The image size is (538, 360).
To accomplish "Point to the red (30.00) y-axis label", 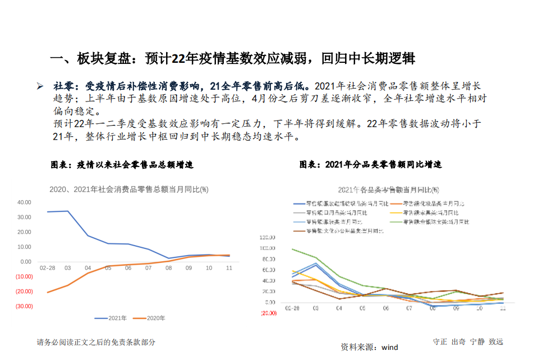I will click(x=24, y=306).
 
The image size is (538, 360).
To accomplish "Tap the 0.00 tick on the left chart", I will click(x=25, y=262).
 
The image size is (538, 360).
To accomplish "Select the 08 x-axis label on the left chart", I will click(x=168, y=268).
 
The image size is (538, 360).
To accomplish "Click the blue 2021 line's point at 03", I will click(x=67, y=211).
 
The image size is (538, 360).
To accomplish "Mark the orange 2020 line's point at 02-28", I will click(x=47, y=292).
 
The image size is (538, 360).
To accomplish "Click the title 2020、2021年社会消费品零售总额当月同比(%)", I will click(x=129, y=190).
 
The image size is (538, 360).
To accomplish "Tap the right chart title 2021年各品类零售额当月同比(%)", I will click(x=388, y=190).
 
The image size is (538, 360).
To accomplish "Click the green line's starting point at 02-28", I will click(x=292, y=249).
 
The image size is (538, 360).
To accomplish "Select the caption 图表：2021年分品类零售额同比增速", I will click(x=370, y=165).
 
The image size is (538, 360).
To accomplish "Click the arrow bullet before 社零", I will click(x=40, y=86).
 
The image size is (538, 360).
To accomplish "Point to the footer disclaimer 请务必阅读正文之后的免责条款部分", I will click(x=96, y=342).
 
